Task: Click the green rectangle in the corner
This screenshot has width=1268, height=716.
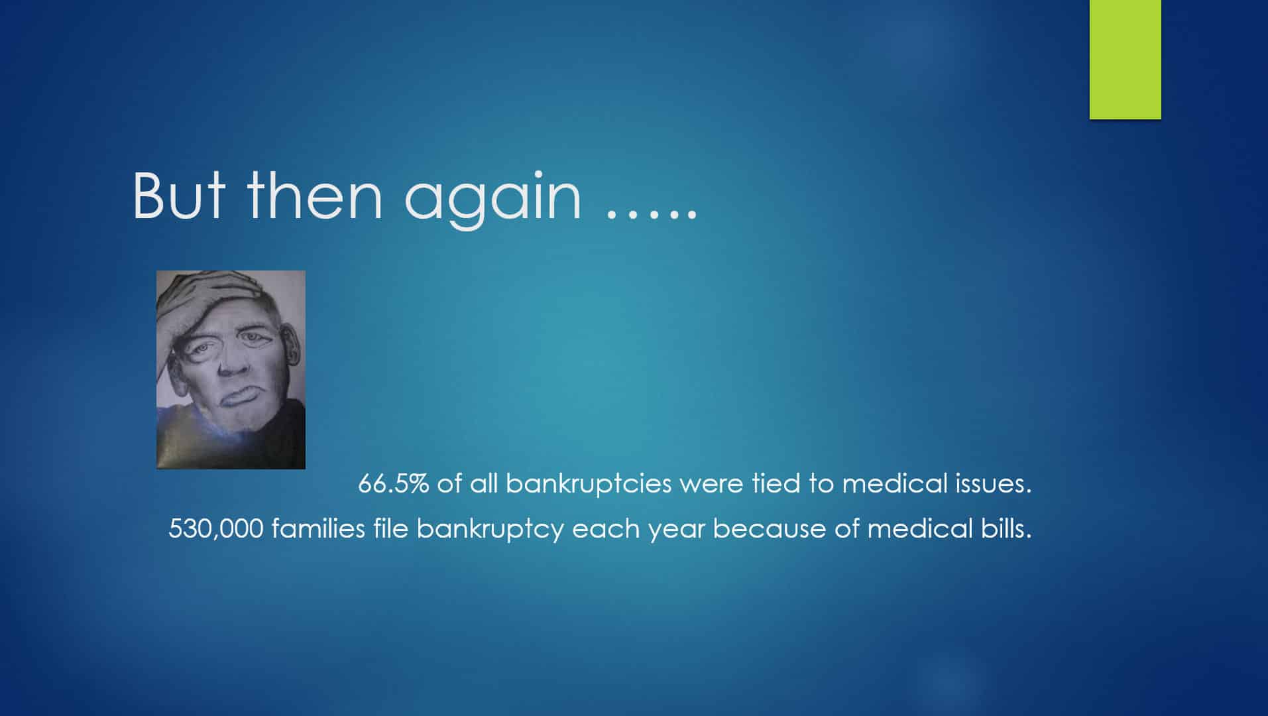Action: point(1125,60)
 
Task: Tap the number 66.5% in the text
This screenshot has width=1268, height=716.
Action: point(393,483)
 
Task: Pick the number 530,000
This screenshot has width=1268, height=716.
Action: point(216,529)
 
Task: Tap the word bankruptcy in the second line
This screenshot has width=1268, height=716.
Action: point(490,529)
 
